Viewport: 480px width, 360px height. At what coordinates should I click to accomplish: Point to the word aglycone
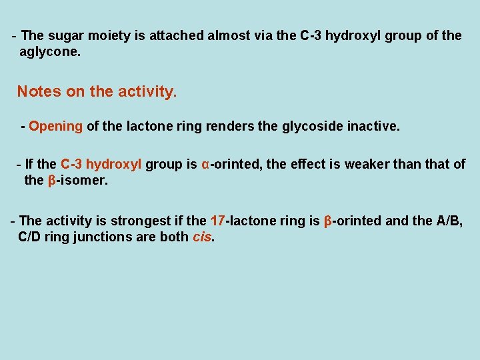point(50,51)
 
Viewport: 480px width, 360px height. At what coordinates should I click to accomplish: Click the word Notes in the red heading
point(39,91)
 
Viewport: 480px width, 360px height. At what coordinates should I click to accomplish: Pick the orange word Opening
point(56,125)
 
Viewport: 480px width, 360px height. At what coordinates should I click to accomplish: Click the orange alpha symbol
point(205,164)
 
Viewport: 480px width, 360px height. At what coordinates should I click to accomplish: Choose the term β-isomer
point(77,180)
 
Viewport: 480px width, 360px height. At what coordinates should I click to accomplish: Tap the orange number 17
point(218,221)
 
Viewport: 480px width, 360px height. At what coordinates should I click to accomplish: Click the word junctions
point(103,237)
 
